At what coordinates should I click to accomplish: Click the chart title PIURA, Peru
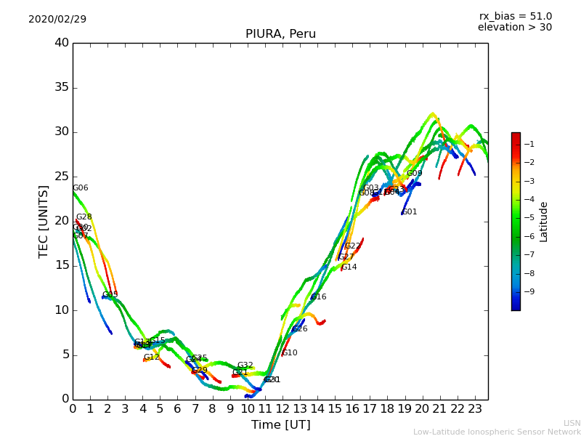[x=280, y=34]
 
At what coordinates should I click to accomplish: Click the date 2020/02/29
[x=57, y=20]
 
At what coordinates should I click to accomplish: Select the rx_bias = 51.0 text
[x=515, y=16]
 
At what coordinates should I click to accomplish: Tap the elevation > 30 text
[x=515, y=28]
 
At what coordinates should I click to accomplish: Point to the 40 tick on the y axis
[x=61, y=43]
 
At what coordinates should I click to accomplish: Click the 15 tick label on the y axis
[x=61, y=265]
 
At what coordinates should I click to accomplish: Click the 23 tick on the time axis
[x=476, y=409]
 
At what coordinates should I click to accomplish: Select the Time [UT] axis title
[x=280, y=425]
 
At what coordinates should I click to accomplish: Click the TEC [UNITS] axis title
[x=44, y=221]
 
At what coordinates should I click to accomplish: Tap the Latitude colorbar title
[x=544, y=222]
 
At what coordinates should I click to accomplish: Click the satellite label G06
[x=80, y=188]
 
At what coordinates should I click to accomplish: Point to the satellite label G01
[x=410, y=212]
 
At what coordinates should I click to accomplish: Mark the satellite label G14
[x=349, y=267]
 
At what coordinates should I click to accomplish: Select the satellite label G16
[x=319, y=297]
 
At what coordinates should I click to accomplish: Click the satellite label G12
[x=151, y=358]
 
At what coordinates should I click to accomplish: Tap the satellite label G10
[x=290, y=353]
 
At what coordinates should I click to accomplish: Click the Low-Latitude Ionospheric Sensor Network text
[x=497, y=432]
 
